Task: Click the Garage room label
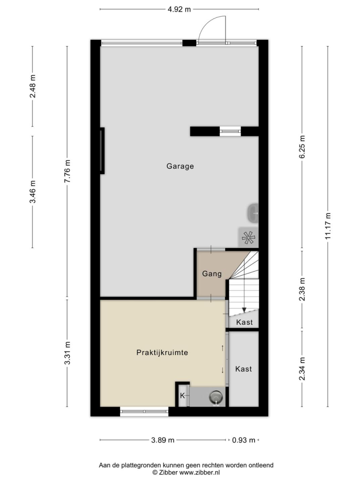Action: [x=180, y=166]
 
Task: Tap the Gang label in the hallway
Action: [x=212, y=273]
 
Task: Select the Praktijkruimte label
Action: [x=162, y=352]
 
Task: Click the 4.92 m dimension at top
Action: [x=179, y=9]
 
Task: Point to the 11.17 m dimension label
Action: [x=328, y=226]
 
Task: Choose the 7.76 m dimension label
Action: [x=67, y=171]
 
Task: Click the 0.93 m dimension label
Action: [x=243, y=440]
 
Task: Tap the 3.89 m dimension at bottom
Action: [x=163, y=440]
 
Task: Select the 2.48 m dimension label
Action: [x=32, y=86]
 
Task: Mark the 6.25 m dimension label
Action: [x=302, y=147]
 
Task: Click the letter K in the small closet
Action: [x=182, y=396]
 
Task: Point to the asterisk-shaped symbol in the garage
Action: [x=248, y=238]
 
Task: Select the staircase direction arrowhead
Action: [x=244, y=310]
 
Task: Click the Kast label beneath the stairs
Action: [x=244, y=322]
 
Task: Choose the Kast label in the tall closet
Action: [x=243, y=369]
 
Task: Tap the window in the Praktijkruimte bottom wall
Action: [x=144, y=412]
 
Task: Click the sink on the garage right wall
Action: [x=253, y=213]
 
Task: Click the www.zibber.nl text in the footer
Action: [x=199, y=473]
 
